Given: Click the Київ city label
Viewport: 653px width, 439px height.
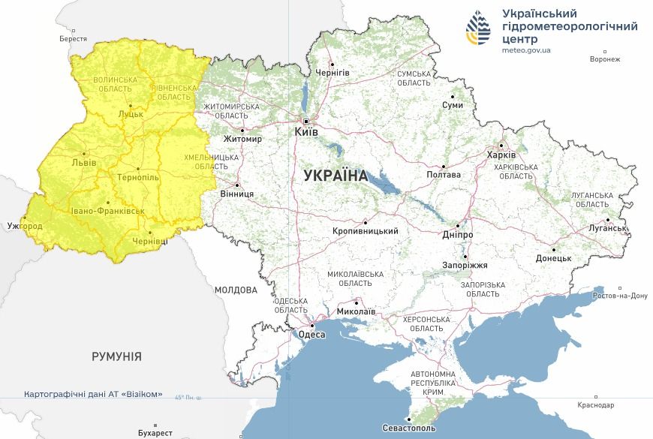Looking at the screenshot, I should (x=305, y=132).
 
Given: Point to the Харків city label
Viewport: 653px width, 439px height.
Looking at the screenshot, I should (x=501, y=155).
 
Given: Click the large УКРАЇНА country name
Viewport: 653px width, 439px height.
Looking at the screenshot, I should (x=336, y=176).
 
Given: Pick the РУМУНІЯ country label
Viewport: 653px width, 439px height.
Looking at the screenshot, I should (x=116, y=356).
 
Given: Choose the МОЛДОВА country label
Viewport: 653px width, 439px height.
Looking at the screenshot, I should (x=235, y=290).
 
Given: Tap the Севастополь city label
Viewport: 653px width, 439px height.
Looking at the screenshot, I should (x=408, y=428).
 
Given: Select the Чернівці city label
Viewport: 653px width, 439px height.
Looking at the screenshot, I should (x=151, y=242).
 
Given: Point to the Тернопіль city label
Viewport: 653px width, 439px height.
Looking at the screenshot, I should (x=138, y=177).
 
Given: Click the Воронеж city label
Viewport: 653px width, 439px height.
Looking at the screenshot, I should (x=605, y=60).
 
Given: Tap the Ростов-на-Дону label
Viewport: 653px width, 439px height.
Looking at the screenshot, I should (x=619, y=296).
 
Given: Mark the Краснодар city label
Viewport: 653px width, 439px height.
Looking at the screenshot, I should (x=596, y=405).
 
